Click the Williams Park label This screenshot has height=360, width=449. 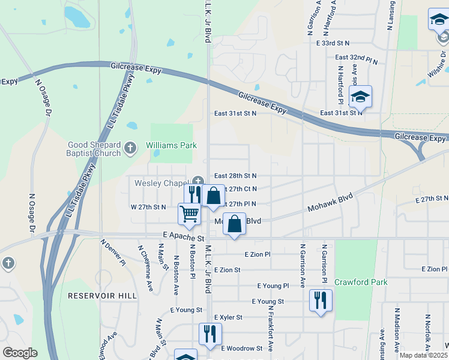(171, 146)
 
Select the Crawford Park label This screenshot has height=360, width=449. (361, 282)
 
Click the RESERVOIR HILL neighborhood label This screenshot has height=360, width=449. (102, 296)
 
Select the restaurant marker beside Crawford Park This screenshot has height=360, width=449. (321, 299)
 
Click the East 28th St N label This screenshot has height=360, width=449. (236, 176)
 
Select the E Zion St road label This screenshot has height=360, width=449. (227, 270)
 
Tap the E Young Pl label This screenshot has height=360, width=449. (273, 286)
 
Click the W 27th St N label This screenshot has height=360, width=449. (148, 207)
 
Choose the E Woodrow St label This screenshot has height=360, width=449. (242, 348)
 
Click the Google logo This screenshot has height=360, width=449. (20, 353)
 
